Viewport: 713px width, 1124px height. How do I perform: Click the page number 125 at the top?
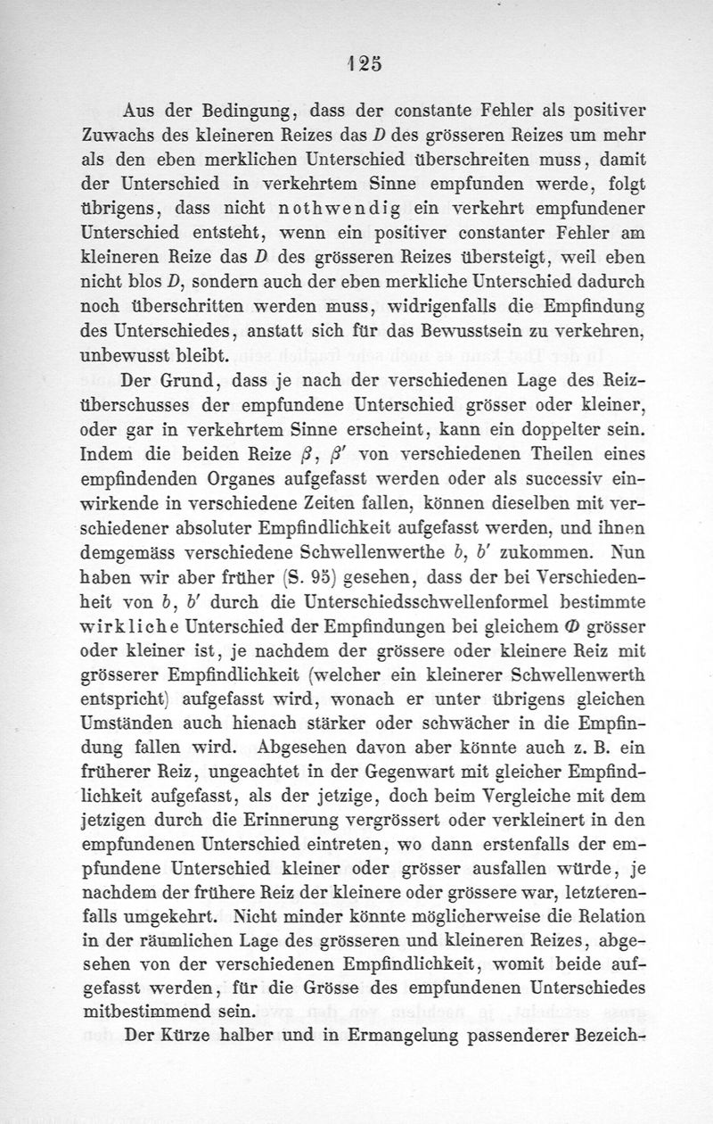[x=357, y=64]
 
